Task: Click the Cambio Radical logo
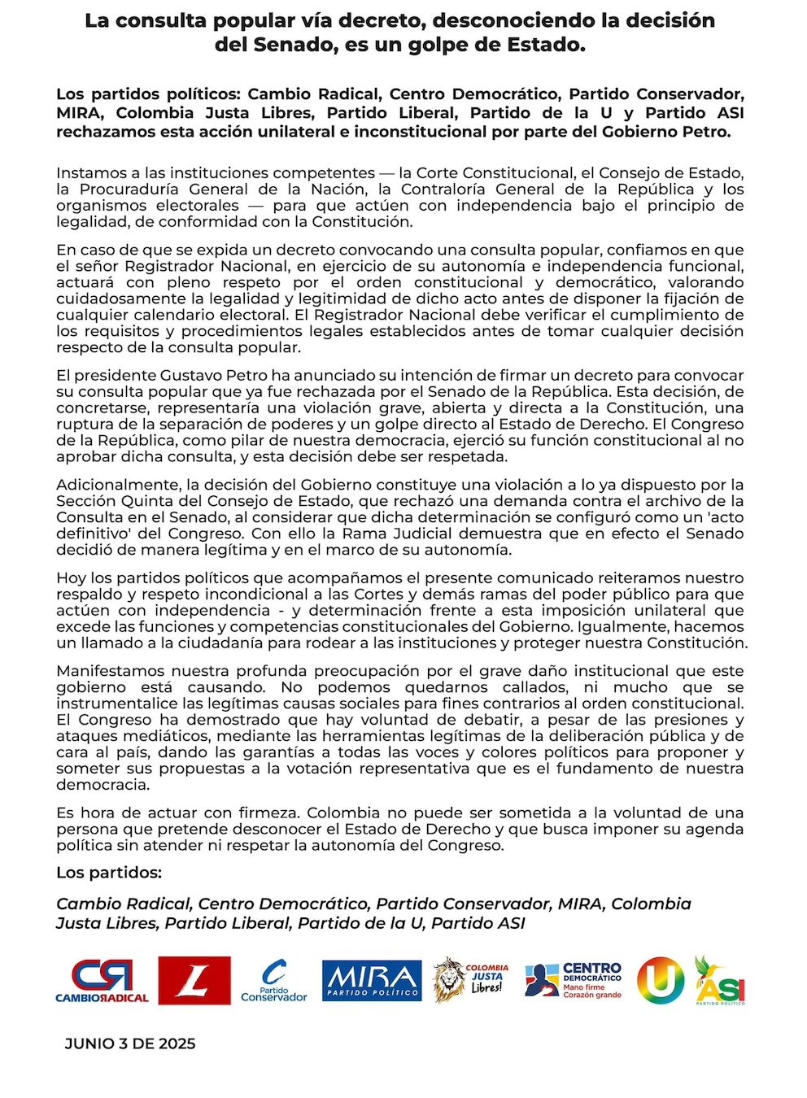(102, 980)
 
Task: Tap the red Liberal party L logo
(194, 980)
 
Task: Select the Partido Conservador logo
(274, 981)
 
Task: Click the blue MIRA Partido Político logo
(372, 981)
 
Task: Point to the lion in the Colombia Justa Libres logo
(448, 979)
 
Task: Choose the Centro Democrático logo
(574, 980)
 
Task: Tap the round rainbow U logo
(660, 980)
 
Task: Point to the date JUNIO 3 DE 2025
(130, 1044)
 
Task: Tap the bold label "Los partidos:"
(109, 873)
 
